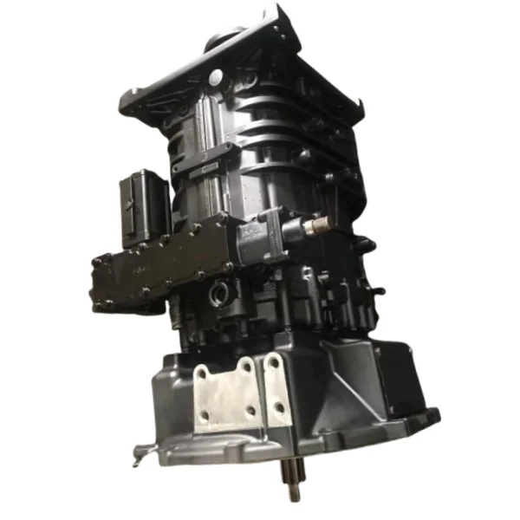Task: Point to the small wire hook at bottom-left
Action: tap(139, 450)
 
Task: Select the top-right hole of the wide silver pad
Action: tap(246, 367)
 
